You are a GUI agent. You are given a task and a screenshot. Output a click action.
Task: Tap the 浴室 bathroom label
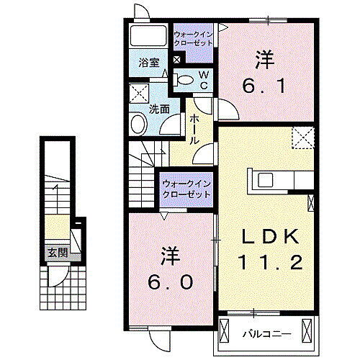pos(149,62)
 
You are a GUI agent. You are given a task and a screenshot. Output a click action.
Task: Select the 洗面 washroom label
pos(158,109)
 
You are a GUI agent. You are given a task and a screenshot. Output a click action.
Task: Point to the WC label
pos(204,80)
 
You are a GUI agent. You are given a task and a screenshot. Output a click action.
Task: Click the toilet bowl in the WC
pos(185,80)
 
